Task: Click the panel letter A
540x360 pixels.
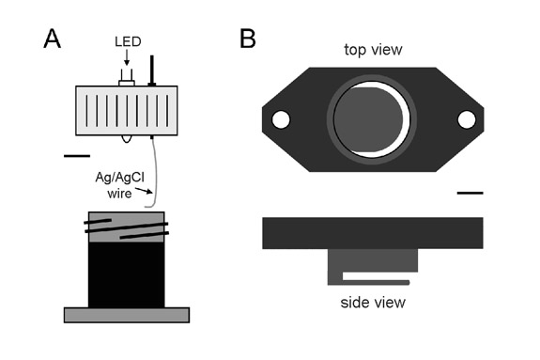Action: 53,39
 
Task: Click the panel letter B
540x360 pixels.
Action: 248,39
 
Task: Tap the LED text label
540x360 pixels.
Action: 128,41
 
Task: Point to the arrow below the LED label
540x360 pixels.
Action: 127,57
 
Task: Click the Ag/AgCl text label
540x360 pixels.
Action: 119,178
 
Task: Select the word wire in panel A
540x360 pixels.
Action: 119,194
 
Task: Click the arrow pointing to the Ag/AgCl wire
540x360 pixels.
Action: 144,191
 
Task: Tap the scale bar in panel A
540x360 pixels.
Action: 77,156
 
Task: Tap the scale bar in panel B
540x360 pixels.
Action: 471,193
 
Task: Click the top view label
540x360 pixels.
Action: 373,50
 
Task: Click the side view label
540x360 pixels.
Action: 373,303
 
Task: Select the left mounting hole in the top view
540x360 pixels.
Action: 281,119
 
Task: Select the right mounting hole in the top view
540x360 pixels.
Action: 467,119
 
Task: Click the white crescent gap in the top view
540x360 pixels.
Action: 407,119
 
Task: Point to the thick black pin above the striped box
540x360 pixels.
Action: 151,70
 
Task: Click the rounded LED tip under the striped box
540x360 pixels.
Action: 127,138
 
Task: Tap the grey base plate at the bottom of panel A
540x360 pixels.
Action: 127,315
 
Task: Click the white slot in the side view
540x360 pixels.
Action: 376,276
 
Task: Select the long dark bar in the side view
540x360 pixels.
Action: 373,233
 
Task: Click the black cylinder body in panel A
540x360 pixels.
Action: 127,274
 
